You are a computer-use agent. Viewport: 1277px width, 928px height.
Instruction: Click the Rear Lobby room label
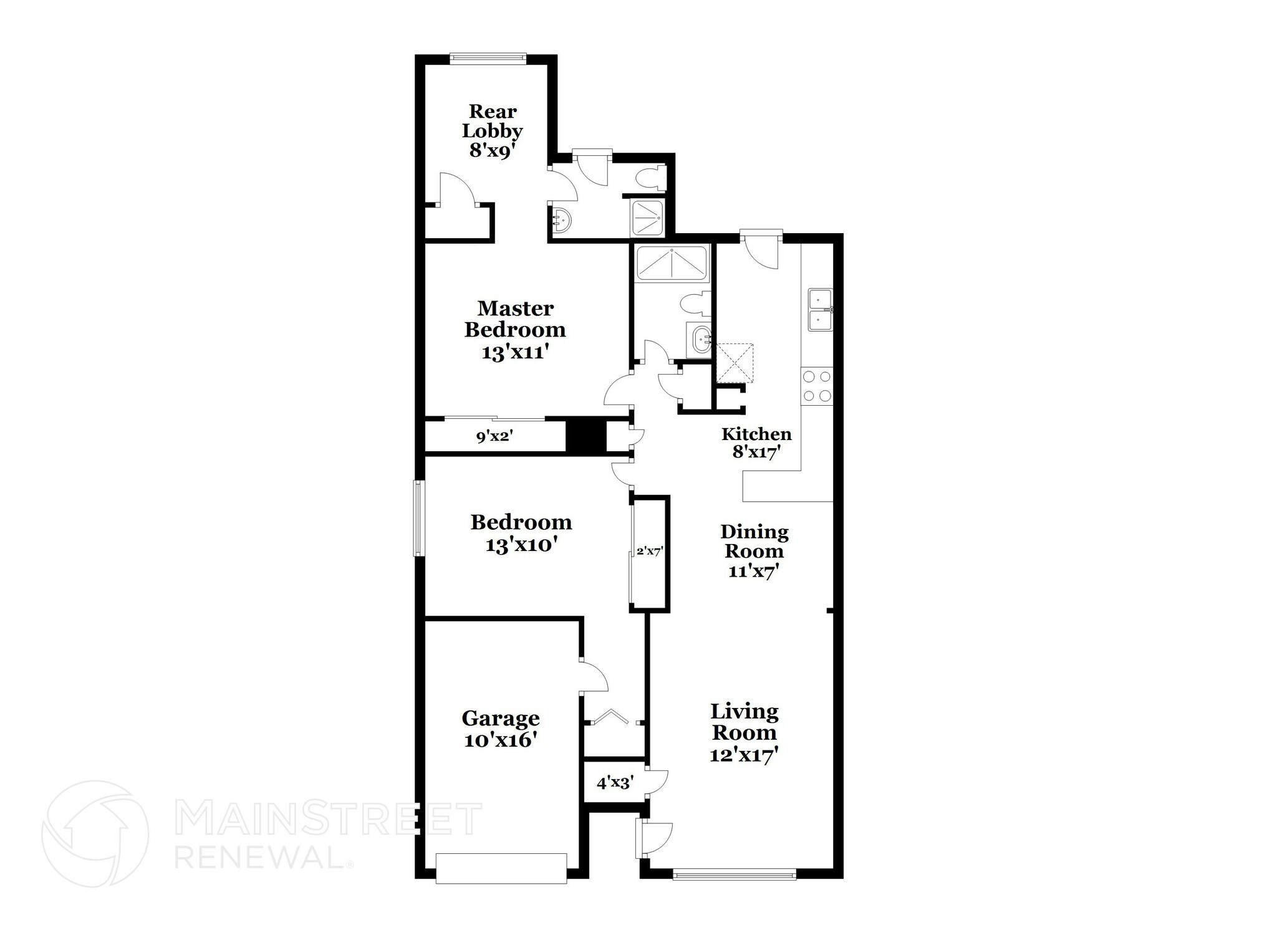[492, 122]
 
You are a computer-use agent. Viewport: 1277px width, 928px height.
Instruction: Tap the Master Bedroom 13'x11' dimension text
[515, 352]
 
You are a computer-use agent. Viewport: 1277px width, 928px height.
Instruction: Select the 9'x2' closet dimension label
[494, 436]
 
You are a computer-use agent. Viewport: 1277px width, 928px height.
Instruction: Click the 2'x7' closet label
[649, 551]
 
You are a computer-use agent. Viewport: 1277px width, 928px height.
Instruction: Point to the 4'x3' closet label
[615, 783]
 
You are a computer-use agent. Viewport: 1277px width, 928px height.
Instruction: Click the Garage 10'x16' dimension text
[501, 740]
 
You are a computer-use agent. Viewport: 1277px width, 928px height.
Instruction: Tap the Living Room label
[745, 722]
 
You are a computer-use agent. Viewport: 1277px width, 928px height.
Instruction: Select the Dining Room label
[754, 541]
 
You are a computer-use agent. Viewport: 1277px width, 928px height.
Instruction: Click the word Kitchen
[756, 434]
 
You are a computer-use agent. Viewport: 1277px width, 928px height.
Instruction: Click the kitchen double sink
[821, 309]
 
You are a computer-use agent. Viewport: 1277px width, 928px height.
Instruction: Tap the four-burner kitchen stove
[817, 386]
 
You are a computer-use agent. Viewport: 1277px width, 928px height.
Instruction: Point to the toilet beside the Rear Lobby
[651, 177]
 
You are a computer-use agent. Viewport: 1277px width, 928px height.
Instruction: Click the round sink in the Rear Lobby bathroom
[561, 220]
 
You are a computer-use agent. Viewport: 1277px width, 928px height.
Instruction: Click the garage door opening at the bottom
[501, 868]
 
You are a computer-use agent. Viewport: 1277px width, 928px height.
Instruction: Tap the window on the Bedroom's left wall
[420, 518]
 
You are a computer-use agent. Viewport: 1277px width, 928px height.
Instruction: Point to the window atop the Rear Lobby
[488, 59]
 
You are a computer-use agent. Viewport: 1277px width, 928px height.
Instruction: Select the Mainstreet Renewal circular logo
[95, 833]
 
